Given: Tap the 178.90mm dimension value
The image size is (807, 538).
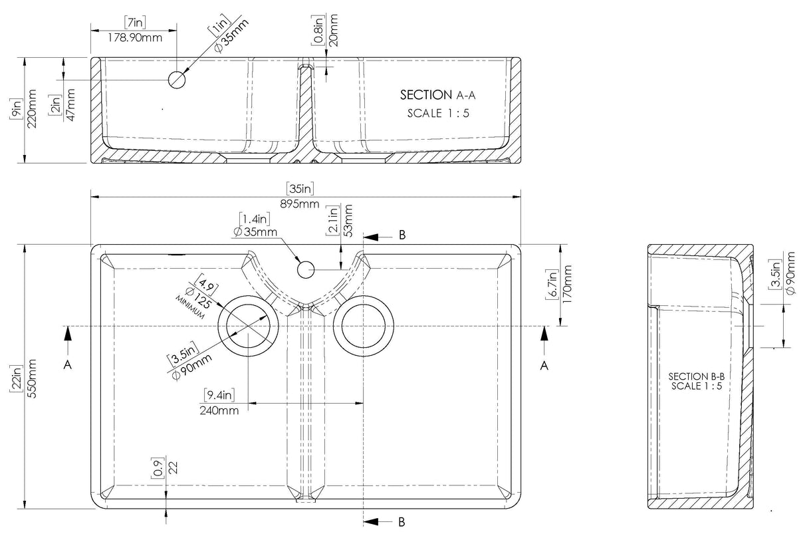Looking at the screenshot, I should (134, 37).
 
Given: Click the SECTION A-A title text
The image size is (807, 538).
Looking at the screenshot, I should (437, 96).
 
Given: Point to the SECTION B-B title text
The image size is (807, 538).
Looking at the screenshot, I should (696, 377).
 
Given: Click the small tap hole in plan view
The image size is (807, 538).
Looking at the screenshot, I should (305, 269).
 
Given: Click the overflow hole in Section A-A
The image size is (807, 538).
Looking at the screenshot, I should (177, 79).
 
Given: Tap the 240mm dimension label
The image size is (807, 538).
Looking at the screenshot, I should (219, 410).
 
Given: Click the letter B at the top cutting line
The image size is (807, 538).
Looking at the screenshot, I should (402, 235).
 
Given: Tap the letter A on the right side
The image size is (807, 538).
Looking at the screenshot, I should (544, 365).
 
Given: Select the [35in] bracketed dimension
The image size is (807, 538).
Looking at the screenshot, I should (300, 189).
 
